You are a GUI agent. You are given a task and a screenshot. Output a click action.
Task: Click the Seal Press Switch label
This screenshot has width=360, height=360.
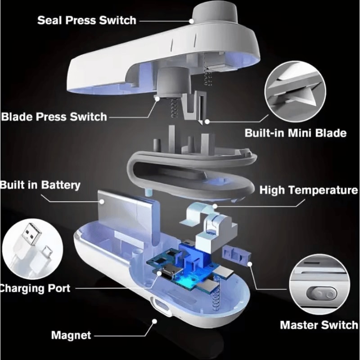click(x=87, y=20)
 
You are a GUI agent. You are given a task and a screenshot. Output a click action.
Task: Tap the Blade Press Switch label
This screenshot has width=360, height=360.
click(x=54, y=117)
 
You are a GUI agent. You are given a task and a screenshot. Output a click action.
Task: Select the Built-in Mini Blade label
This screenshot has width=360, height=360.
click(x=296, y=133)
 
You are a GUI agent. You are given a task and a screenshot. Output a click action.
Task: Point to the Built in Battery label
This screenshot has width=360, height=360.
click(x=40, y=185)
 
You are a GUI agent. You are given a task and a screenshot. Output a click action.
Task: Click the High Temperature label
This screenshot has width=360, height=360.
click(x=309, y=190)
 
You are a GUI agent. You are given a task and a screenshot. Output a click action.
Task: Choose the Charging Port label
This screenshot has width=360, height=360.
click(x=35, y=288)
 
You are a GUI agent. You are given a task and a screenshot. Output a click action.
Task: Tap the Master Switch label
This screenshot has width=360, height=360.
click(x=319, y=325)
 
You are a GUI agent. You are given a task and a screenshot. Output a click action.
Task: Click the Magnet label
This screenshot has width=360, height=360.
click(x=71, y=335)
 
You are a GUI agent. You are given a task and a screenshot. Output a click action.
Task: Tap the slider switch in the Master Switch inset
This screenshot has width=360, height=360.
click(x=321, y=294)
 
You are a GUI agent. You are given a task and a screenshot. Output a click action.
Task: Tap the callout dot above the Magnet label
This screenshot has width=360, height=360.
click(x=154, y=321)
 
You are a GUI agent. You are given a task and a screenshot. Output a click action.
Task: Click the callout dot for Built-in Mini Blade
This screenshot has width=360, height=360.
click(x=207, y=121)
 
